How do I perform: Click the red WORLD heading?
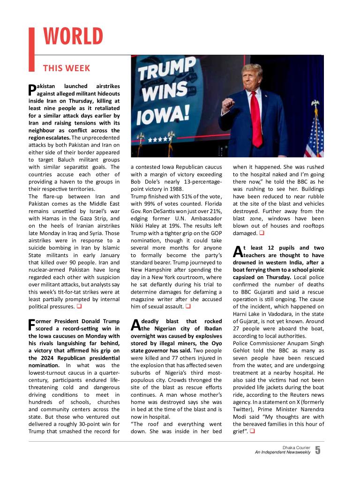[73, 37]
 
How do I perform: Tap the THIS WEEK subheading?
[66, 68]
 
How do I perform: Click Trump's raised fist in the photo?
[228, 104]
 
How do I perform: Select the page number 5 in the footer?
[318, 450]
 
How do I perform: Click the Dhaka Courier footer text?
[296, 448]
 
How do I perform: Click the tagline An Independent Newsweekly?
[283, 452]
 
